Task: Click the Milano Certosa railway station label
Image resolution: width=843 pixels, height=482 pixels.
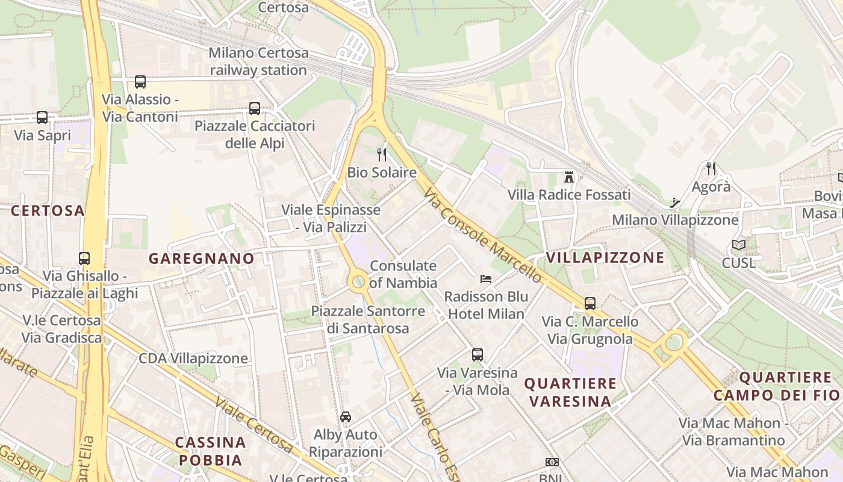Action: [258, 61]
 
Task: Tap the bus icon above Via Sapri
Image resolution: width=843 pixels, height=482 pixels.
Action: [42, 117]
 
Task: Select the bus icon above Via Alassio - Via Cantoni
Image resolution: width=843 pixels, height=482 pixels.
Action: [140, 82]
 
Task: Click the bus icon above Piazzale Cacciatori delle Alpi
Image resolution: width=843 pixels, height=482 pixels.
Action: [255, 108]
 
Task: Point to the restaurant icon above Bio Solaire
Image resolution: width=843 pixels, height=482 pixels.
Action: [382, 155]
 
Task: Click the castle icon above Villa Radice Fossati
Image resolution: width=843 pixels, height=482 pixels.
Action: [568, 177]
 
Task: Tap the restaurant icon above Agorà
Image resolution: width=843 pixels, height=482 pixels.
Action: [711, 169]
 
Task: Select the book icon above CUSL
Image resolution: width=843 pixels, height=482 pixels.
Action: [738, 245]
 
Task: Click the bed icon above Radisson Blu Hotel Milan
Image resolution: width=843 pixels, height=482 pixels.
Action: [486, 278]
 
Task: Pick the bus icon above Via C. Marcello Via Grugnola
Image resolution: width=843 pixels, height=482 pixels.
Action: [590, 304]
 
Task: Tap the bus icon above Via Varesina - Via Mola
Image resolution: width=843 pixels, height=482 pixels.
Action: [477, 355]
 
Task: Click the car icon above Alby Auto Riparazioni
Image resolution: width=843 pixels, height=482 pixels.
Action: [346, 416]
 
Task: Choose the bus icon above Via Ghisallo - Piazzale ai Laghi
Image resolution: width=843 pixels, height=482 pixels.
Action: [84, 258]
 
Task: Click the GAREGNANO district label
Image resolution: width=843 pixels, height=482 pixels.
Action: [201, 258]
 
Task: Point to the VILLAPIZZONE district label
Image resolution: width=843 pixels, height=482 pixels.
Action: [605, 257]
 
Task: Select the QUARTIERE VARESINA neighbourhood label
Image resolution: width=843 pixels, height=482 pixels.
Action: [570, 392]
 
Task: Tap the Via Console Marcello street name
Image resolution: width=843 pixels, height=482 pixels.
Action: [483, 236]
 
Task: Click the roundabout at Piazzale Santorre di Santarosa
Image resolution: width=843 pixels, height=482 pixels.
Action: [359, 281]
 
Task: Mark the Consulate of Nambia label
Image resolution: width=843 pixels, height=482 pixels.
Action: [403, 274]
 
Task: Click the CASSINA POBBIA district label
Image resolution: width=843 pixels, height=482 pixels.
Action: [210, 451]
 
